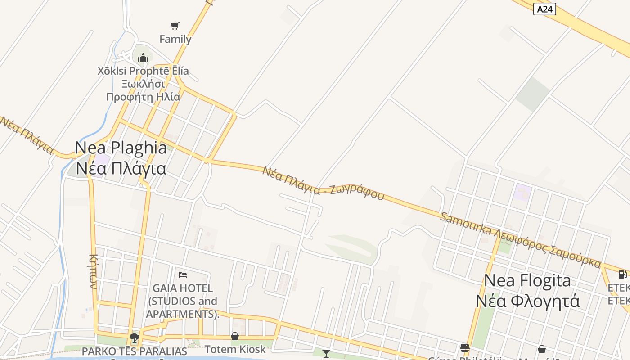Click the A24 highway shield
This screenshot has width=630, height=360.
click(x=544, y=9)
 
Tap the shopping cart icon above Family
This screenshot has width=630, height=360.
click(x=175, y=26)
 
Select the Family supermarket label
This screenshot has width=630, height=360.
click(x=175, y=39)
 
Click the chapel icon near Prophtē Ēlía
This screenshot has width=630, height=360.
click(x=143, y=58)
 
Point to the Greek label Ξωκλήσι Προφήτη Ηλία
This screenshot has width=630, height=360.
click(x=143, y=90)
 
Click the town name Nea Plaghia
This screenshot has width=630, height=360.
click(x=121, y=148)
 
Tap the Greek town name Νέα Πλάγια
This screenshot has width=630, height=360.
click(x=121, y=169)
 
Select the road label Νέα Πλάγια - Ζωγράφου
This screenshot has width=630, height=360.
click(x=323, y=184)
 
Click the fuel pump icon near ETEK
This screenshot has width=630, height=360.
click(x=622, y=274)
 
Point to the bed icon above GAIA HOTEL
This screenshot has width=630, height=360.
click(x=183, y=274)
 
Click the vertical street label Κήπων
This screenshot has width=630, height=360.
click(x=93, y=271)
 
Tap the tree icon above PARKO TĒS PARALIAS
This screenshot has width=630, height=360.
click(x=134, y=337)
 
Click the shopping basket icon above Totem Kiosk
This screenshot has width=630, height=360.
click(x=235, y=336)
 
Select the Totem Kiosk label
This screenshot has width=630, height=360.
click(x=235, y=349)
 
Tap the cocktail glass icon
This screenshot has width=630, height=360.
click(x=326, y=354)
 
